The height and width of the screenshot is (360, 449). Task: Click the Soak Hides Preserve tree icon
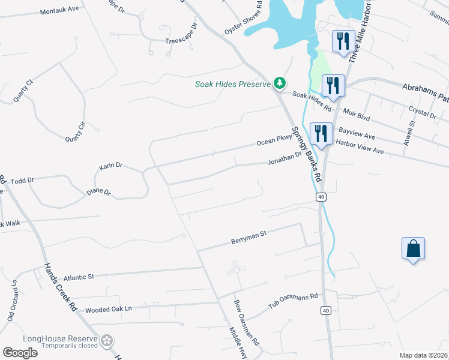(279, 83)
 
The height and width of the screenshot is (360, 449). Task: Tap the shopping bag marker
(414, 249)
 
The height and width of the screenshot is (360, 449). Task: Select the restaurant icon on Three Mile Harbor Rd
(343, 41)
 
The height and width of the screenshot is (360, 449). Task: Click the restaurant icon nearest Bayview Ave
(321, 133)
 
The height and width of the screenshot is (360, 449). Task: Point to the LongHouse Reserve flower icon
(107, 340)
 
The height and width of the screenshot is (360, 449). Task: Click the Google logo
(20, 353)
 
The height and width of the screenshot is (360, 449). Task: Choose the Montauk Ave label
(59, 10)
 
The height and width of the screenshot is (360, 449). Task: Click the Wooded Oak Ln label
(108, 310)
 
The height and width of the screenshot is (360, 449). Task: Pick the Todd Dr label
(22, 179)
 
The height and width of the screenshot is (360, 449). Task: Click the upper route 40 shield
(322, 197)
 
